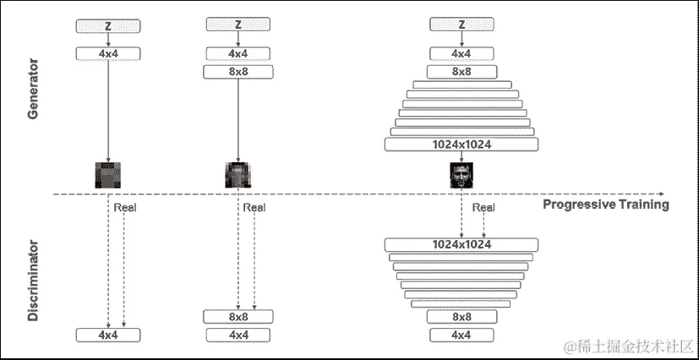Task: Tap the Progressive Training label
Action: point(605,205)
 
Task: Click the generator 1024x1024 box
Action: point(461,145)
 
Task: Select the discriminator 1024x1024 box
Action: point(461,244)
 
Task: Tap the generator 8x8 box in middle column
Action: point(238,72)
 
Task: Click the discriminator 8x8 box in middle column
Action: point(238,316)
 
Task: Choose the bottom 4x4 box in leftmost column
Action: point(108,335)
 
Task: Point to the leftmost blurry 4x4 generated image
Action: point(108,174)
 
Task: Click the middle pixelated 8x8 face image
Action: point(238,174)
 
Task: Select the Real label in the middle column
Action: point(254,208)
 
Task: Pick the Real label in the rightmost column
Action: point(483,208)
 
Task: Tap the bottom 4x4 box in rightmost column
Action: point(461,335)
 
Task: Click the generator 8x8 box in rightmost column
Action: point(461,72)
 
